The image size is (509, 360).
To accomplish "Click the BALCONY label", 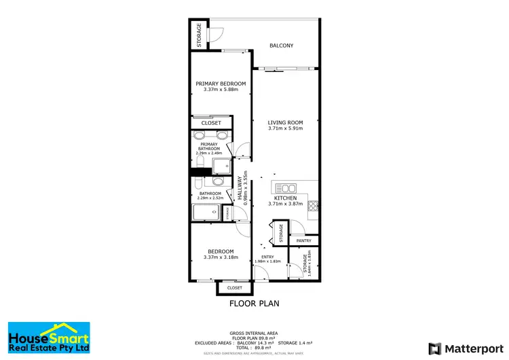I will pyautogui.click(x=282, y=46).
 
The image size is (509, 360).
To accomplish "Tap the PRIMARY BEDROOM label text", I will pyautogui.click(x=221, y=84).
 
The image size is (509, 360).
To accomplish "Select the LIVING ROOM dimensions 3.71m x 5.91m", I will pyautogui.click(x=285, y=128).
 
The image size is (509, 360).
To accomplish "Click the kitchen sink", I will pyautogui.click(x=286, y=188).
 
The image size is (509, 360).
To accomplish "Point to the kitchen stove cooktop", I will pyautogui.click(x=313, y=206).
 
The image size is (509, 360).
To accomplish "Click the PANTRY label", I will pyautogui.click(x=303, y=240).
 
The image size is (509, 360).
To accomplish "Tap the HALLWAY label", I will pyautogui.click(x=240, y=181).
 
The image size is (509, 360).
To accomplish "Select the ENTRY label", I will pyautogui.click(x=267, y=256).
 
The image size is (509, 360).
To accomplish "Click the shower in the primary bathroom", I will pyautogui.click(x=221, y=166).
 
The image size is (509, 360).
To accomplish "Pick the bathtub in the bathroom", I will pyautogui.click(x=206, y=213).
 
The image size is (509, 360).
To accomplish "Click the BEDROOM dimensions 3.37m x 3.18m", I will pyautogui.click(x=221, y=257).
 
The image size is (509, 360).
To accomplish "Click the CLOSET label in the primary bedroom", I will pyautogui.click(x=211, y=123).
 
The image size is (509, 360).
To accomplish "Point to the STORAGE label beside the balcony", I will pyautogui.click(x=199, y=34).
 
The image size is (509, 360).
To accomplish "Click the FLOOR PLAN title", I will pyautogui.click(x=254, y=304).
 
